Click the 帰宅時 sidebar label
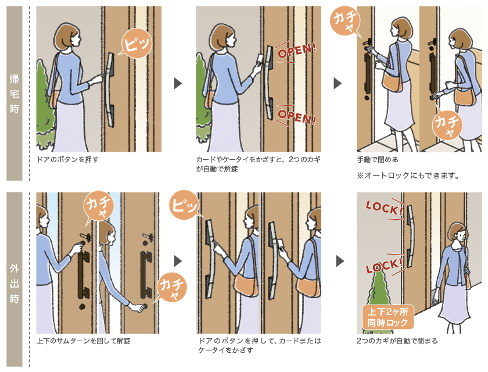(15, 93)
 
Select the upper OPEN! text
(297, 52)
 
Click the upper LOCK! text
(384, 208)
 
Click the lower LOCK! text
(384, 269)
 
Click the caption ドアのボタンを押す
(64, 159)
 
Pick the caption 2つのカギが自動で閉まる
(397, 341)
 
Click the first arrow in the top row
(178, 84)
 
